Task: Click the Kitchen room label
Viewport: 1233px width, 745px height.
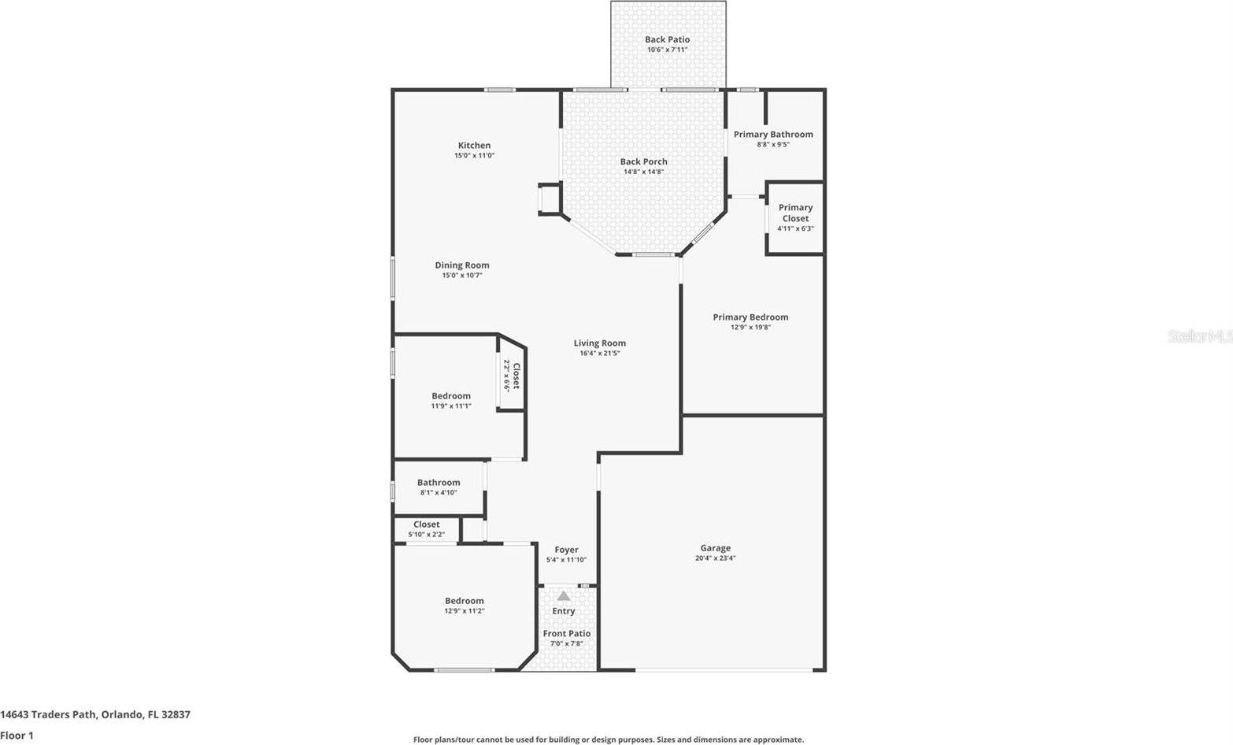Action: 474,146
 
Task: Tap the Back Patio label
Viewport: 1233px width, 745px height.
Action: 667,39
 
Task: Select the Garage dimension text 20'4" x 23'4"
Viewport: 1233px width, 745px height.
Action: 715,558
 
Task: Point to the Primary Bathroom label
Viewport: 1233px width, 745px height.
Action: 773,135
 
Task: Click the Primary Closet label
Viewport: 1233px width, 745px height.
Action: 795,213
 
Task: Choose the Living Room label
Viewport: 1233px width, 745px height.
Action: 599,343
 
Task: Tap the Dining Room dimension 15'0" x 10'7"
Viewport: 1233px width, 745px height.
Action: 462,276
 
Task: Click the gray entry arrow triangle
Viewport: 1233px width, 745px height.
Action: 564,596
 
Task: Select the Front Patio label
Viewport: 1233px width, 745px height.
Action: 566,634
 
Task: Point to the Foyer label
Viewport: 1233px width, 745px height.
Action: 566,550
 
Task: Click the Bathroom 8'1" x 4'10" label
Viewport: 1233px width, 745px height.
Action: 439,483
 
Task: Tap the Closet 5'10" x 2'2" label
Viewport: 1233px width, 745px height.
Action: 427,524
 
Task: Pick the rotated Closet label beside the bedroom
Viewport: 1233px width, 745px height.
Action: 516,376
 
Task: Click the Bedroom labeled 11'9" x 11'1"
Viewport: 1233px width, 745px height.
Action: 451,396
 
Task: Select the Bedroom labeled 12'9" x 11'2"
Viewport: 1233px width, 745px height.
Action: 464,601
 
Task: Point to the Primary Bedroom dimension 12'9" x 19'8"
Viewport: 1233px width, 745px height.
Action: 750,328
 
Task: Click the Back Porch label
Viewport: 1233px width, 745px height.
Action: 643,162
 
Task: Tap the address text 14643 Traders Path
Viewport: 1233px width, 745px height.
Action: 49,715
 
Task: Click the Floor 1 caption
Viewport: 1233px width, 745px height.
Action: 17,736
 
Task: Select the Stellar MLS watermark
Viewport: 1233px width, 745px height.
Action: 1199,336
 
